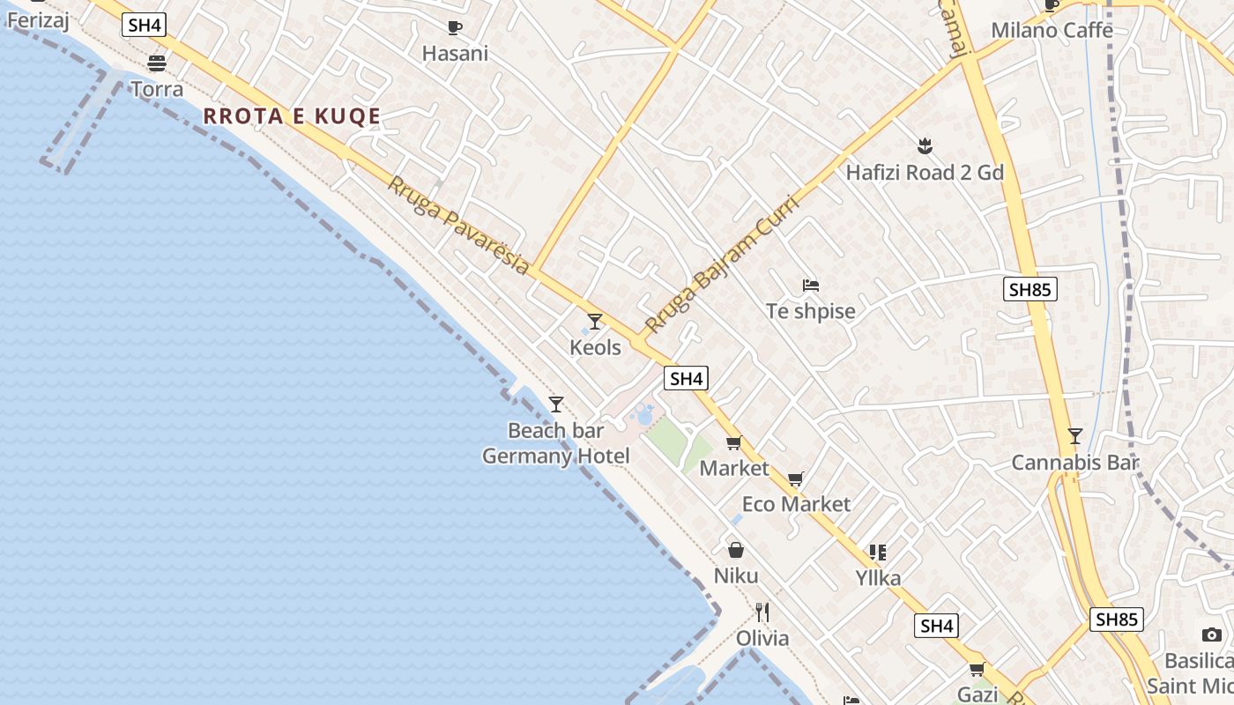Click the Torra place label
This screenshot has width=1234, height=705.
[157, 89]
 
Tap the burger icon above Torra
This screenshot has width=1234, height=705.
[157, 63]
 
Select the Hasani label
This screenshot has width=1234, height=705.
[455, 54]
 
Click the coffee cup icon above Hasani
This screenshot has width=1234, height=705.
[455, 27]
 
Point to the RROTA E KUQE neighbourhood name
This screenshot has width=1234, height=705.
[292, 116]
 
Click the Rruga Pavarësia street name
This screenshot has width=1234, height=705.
[458, 226]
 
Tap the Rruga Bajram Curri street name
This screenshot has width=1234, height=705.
[721, 264]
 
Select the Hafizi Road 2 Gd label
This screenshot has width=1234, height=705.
[925, 173]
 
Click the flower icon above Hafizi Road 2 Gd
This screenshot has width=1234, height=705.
[925, 145]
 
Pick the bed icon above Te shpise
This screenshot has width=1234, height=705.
[811, 285]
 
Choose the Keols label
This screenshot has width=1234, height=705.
[595, 347]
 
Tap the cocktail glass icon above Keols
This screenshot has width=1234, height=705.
[595, 321]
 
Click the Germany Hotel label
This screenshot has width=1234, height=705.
[555, 456]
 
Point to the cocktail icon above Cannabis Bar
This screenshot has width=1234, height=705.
[1074, 435]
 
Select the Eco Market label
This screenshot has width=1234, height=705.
[796, 504]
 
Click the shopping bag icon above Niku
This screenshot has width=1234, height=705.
[736, 550]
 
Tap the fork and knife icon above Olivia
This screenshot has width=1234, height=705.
[762, 612]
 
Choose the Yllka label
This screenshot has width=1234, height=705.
[878, 578]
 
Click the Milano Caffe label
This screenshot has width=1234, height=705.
[1052, 30]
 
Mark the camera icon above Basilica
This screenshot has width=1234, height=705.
[1212, 634]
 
